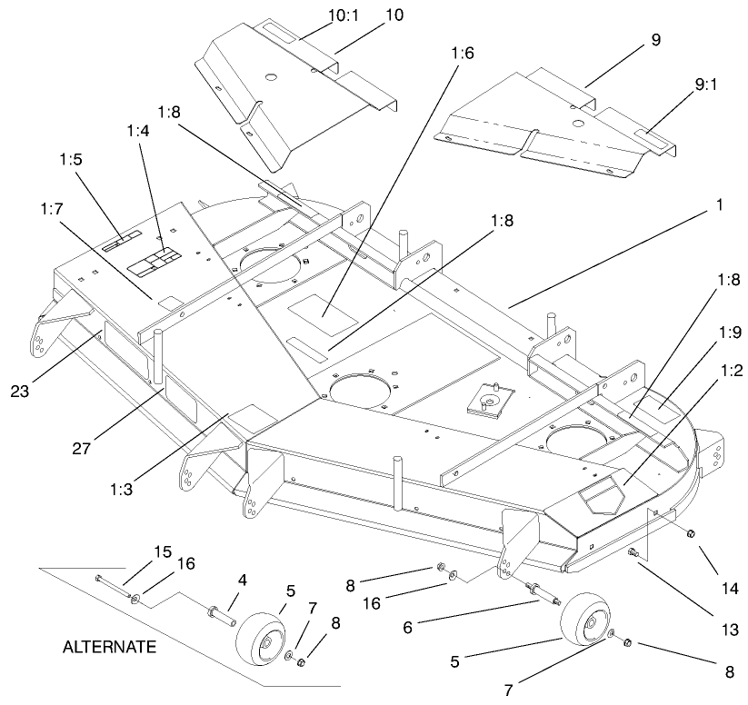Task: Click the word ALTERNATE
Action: pos(109,648)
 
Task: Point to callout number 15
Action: pos(162,551)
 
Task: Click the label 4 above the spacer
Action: pos(242,579)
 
